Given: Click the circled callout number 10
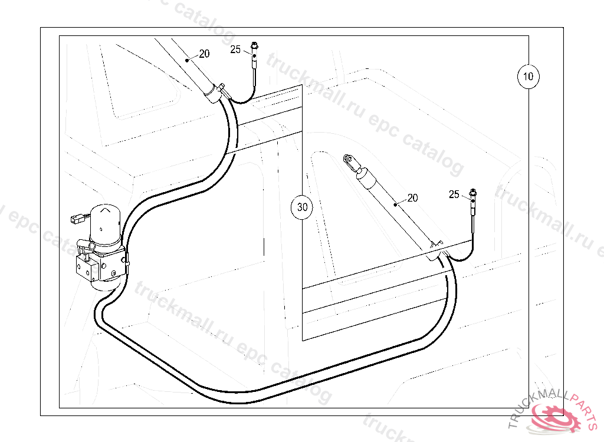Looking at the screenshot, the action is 528,76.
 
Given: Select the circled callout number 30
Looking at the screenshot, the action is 303,207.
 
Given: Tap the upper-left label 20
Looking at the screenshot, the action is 204,54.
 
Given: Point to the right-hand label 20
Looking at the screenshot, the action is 412,197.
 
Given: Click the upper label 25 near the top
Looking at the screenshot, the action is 235,50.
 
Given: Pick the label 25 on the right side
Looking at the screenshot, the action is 454,194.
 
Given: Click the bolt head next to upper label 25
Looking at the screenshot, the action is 255,45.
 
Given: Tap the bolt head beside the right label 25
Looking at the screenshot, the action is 474,191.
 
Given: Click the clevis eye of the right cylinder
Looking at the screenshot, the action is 349,159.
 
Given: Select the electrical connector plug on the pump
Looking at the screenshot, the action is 75,220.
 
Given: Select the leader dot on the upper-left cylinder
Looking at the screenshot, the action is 187,60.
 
